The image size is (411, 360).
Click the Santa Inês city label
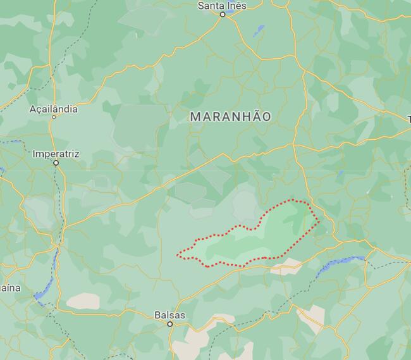(x=222, y=5)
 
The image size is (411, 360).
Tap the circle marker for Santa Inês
(x=223, y=14)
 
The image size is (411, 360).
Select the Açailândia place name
(x=54, y=109)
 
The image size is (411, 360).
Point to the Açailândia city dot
(x=54, y=117)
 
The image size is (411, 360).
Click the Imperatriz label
(x=56, y=153)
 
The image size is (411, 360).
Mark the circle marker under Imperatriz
(x=56, y=163)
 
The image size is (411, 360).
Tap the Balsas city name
(x=170, y=314)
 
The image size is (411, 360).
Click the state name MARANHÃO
(x=230, y=117)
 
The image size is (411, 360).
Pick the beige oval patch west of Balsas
(x=83, y=301)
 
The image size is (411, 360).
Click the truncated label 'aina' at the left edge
(x=9, y=288)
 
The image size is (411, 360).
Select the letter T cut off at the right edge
(x=408, y=119)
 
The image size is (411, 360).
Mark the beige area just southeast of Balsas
(x=190, y=345)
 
